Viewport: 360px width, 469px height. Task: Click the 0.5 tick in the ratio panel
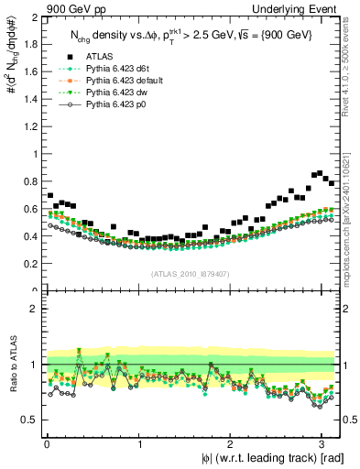click(x=30, y=420)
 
